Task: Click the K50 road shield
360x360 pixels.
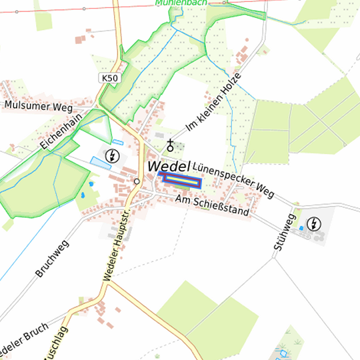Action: [110, 79]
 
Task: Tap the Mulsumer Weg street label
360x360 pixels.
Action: [38, 106]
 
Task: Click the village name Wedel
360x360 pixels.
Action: [169, 165]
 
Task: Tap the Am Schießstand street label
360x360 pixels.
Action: [212, 206]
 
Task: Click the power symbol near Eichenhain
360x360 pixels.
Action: [113, 156]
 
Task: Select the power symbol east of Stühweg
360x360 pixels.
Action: [313, 223]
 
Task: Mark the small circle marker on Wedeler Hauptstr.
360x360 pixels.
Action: [137, 181]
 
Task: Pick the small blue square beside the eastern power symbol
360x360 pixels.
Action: [301, 228]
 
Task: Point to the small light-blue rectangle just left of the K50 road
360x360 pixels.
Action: [118, 142]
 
